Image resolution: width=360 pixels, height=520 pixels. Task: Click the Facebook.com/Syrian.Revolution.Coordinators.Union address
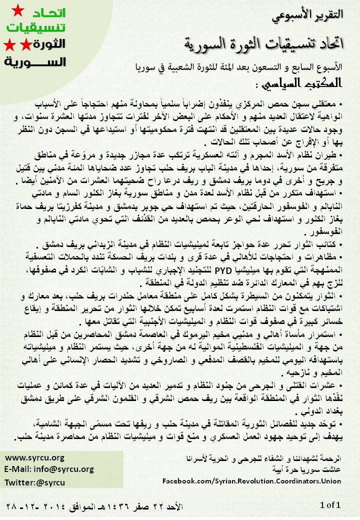252,481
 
